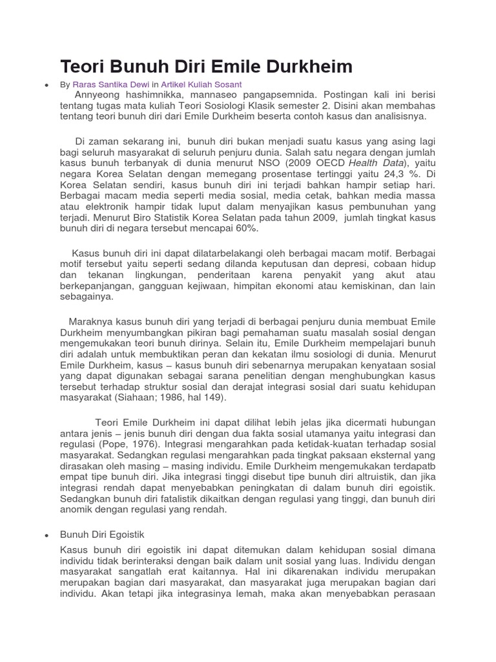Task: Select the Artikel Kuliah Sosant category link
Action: coord(201,85)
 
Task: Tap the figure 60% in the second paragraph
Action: coord(234,229)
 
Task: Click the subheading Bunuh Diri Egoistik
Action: coord(102,535)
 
